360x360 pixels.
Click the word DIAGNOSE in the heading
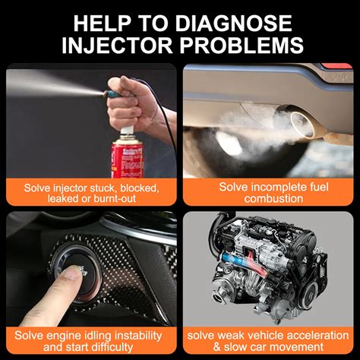pyautogui.click(x=233, y=23)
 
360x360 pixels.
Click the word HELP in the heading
pyautogui.click(x=103, y=23)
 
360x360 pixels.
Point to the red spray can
pyautogui.click(x=128, y=157)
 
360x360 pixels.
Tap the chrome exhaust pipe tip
pyautogui.click(x=302, y=125)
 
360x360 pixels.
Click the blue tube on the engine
pyautogui.click(x=234, y=260)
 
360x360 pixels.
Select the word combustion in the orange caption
pyautogui.click(x=273, y=198)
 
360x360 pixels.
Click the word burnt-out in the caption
pyautogui.click(x=115, y=198)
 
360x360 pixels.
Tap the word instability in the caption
pyautogui.click(x=138, y=336)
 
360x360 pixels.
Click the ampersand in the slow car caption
pyautogui.click(x=217, y=347)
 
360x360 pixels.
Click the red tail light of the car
pyautogui.click(x=336, y=66)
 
